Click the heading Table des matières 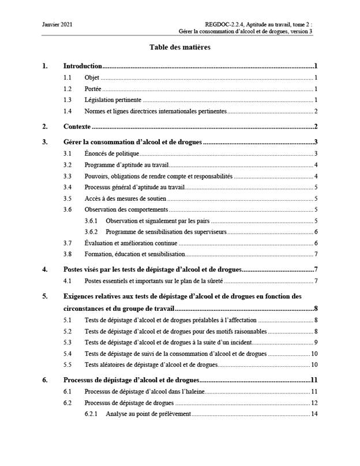point(179,47)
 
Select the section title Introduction point(82,66)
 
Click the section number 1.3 point(68,100)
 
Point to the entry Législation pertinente point(112,100)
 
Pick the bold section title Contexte point(77,126)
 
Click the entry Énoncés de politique point(112,153)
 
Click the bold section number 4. point(45,269)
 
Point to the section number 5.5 point(68,364)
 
